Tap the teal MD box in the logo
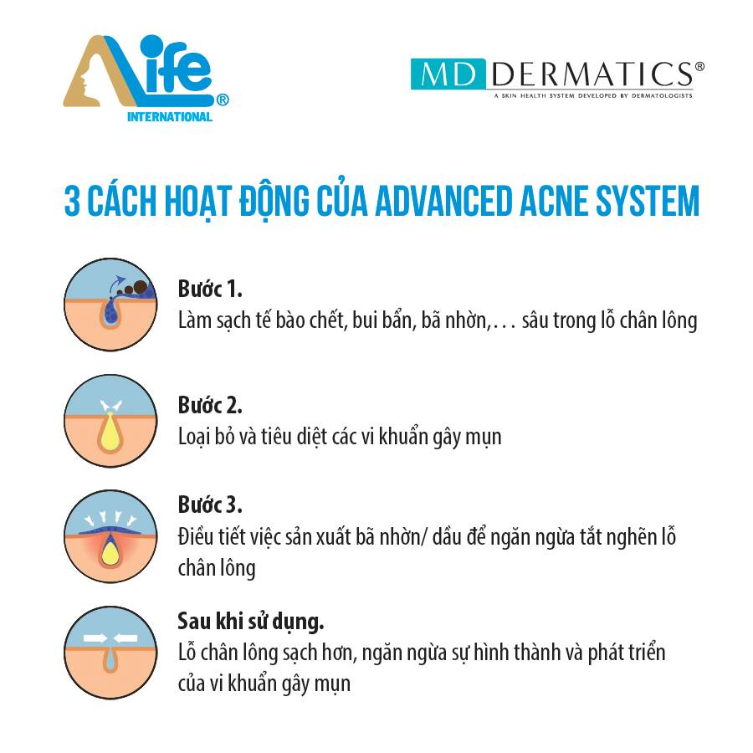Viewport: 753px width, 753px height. [x=448, y=74]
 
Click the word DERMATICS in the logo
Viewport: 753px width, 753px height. [x=592, y=74]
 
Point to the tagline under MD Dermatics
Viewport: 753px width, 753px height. [x=593, y=95]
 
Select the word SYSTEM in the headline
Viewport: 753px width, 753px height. [x=648, y=200]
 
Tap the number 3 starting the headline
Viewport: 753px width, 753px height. [x=72, y=201]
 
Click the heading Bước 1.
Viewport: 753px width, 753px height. [x=210, y=289]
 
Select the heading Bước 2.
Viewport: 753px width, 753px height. [x=210, y=405]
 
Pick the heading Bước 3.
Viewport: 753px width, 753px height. [x=210, y=505]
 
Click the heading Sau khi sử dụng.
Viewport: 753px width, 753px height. [x=251, y=622]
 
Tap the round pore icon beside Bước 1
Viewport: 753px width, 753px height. [x=110, y=305]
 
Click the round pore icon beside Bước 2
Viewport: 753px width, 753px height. [x=110, y=421]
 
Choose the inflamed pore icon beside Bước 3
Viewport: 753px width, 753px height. [x=110, y=536]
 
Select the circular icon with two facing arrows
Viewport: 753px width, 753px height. [x=110, y=653]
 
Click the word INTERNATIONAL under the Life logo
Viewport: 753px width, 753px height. [x=170, y=116]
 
